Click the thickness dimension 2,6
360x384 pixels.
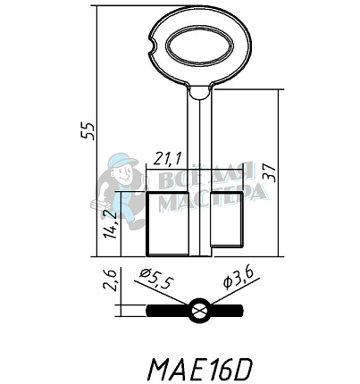(x=110, y=283)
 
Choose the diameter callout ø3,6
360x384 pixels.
(x=240, y=279)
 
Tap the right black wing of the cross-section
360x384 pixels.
(x=227, y=312)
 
